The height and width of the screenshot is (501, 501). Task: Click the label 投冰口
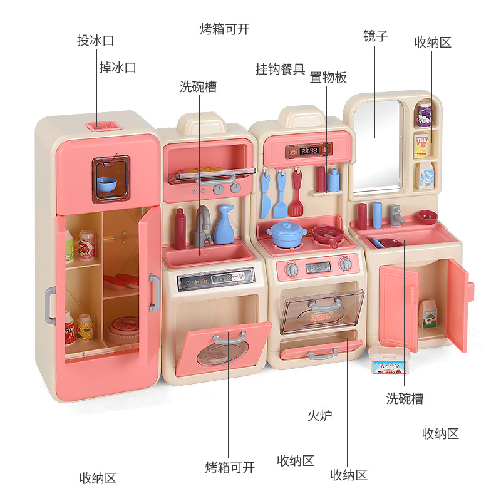click(96, 41)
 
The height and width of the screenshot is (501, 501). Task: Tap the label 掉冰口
click(117, 67)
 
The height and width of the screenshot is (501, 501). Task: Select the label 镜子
click(376, 36)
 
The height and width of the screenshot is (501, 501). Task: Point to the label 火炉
click(320, 415)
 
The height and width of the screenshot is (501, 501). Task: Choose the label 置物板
click(328, 78)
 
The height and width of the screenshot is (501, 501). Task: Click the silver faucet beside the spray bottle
click(203, 225)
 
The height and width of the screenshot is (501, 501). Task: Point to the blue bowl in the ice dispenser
click(106, 183)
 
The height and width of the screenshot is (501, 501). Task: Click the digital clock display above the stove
click(309, 150)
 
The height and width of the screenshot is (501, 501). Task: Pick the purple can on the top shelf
click(425, 114)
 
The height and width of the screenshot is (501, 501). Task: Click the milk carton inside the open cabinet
click(428, 313)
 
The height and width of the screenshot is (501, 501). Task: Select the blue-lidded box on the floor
click(388, 360)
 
